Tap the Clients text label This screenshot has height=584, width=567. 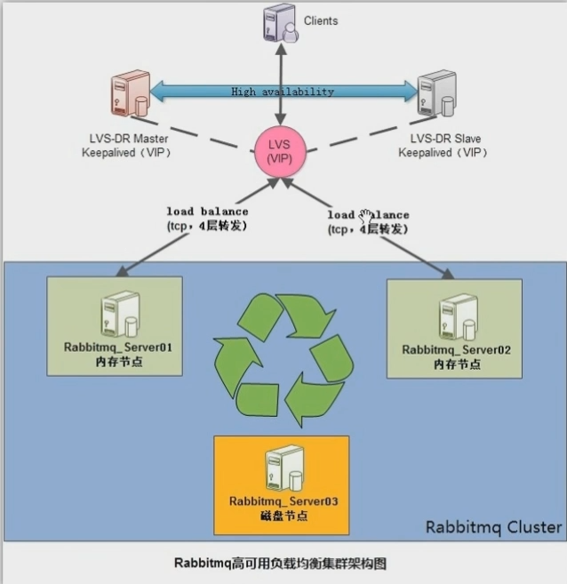[321, 20]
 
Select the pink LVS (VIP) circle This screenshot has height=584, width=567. [282, 148]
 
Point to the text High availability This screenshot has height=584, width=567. [282, 92]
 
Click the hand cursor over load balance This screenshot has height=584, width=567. [366, 215]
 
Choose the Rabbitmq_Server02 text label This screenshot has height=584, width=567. [456, 350]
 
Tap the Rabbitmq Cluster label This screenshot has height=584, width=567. [493, 527]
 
